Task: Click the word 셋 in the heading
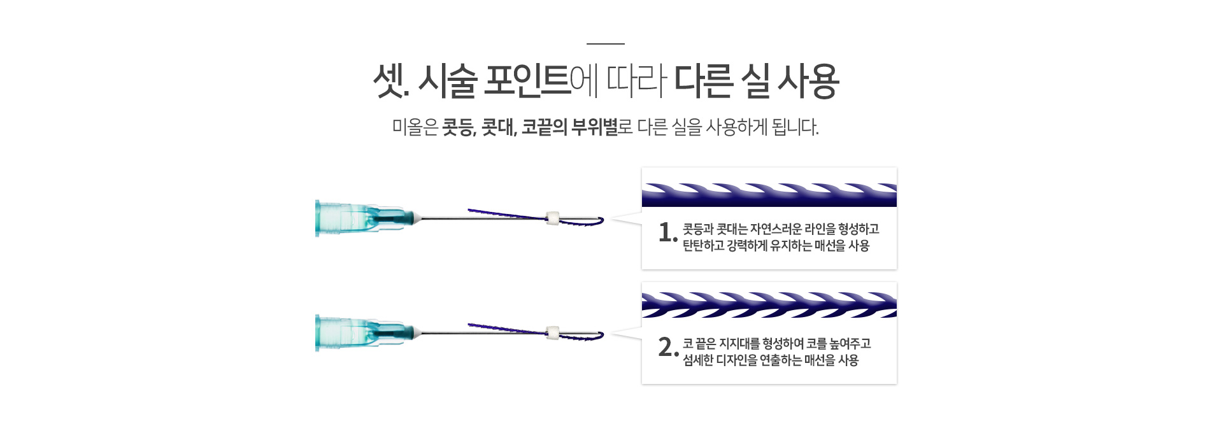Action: point(387,82)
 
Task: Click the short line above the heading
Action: point(605,44)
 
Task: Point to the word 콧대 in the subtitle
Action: point(499,127)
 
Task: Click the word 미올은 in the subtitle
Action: point(415,127)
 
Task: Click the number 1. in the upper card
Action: point(668,233)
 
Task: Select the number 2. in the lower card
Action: point(668,348)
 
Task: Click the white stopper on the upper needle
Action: point(553,218)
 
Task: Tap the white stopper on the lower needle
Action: point(553,332)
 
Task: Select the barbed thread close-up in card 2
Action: point(769,305)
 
